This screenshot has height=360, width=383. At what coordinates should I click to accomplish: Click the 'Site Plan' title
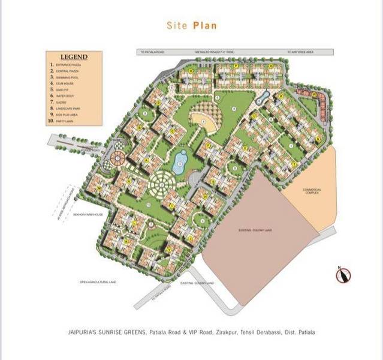click(191, 26)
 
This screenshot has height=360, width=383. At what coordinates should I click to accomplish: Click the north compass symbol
click(343, 274)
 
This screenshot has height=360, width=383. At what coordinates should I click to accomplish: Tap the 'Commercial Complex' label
click(312, 191)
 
